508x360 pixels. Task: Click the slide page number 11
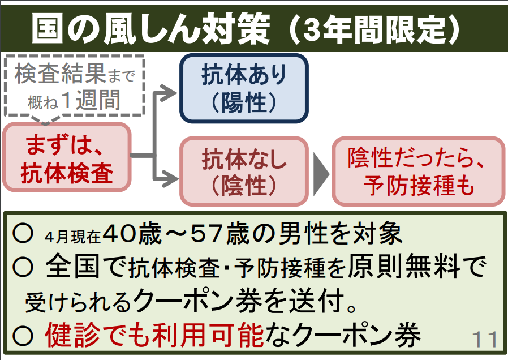[484, 339]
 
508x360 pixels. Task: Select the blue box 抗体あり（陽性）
[244, 88]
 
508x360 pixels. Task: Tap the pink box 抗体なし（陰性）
[244, 171]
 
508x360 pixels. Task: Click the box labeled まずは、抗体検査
[67, 157]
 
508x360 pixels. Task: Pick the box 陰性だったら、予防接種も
[419, 171]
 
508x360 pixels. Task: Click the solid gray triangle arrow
[321, 174]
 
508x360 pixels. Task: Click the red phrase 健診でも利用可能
[154, 335]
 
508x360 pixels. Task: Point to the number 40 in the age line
[119, 234]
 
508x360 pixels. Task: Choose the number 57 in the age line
[208, 234]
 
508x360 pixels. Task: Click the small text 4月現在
[72, 237]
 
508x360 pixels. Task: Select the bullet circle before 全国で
[23, 267]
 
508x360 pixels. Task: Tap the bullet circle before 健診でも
[23, 336]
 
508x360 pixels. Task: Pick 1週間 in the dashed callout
[91, 100]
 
